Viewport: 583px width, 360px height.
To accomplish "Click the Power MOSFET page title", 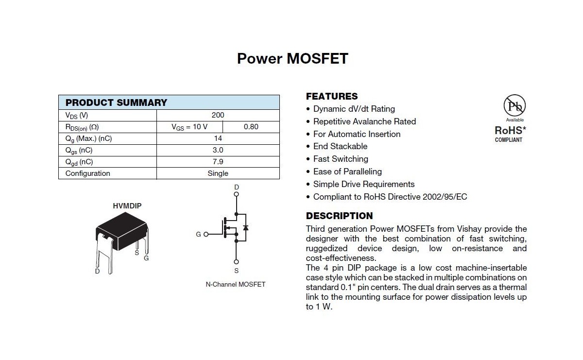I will coord(292,58).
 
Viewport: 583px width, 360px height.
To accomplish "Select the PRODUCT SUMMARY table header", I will coord(116,103).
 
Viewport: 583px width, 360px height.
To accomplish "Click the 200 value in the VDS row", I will coord(218,115).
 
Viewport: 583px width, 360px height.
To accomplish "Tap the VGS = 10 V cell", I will coord(189,127).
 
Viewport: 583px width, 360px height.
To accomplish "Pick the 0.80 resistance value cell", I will coord(251,127).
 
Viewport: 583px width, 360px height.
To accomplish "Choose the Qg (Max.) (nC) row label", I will coord(88,138).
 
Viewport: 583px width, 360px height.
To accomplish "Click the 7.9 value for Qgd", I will coord(218,162).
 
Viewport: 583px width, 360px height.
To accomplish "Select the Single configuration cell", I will coord(218,173).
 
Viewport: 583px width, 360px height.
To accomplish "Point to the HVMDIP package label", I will coord(127,206).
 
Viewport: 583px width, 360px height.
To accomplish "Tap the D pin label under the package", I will coord(97,271).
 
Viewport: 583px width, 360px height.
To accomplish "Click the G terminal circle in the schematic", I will coord(206,234).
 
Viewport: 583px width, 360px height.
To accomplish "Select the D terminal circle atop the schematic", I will coord(237,194).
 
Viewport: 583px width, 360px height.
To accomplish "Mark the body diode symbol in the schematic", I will coord(245,227).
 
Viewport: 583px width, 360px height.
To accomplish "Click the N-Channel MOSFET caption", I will coord(236,284).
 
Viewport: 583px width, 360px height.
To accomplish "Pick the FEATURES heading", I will coord(332,96).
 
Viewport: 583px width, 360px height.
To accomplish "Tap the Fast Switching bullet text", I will coord(341,159).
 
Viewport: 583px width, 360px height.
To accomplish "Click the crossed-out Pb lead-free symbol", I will coord(514,105).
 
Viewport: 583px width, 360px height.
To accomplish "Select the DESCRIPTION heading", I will coord(339,216).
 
